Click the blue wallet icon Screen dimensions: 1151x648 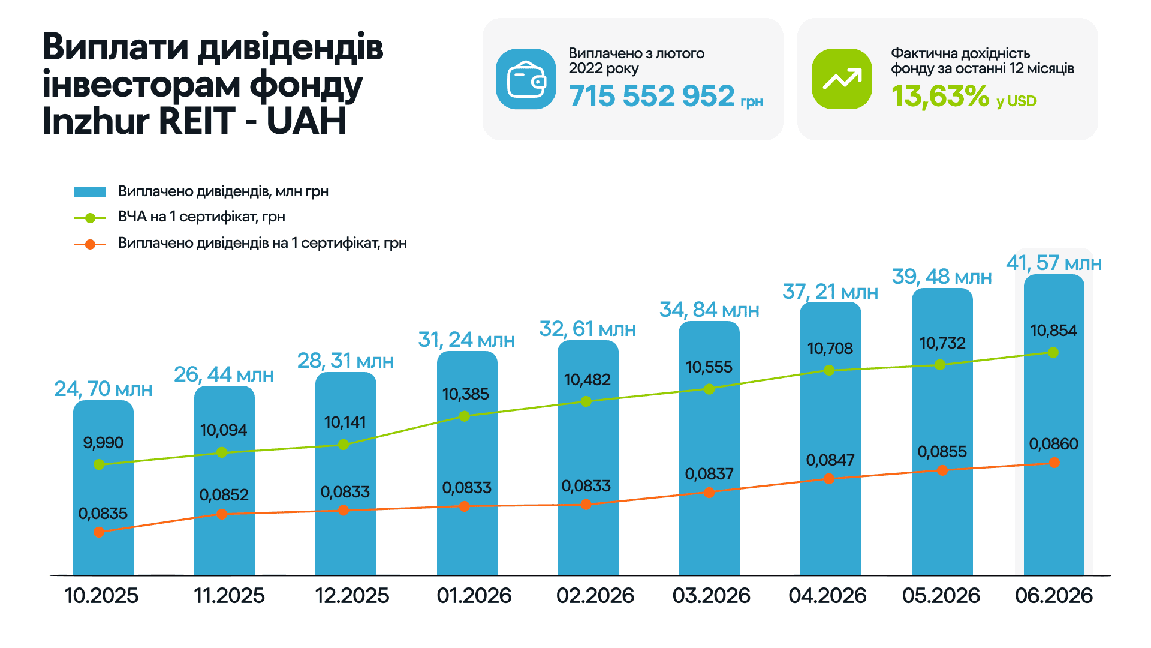click(x=526, y=79)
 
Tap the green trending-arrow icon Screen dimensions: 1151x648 click(x=842, y=79)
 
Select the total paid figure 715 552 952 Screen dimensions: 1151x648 click(x=652, y=96)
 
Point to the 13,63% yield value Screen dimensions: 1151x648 click(x=940, y=96)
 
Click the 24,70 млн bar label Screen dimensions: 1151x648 click(x=103, y=389)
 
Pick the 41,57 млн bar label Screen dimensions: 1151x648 click(x=1054, y=263)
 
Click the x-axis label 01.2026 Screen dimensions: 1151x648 click(x=474, y=596)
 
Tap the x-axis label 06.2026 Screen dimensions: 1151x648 click(x=1054, y=596)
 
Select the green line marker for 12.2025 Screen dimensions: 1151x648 click(x=344, y=445)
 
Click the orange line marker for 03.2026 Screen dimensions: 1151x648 click(x=709, y=493)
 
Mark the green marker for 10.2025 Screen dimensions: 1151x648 click(x=100, y=464)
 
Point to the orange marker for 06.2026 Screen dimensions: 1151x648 click(x=1054, y=463)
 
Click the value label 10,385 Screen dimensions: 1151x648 click(x=466, y=394)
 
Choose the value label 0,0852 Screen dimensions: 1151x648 click(x=224, y=495)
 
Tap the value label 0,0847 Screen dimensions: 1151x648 click(x=830, y=460)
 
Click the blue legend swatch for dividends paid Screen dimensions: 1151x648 click(x=90, y=191)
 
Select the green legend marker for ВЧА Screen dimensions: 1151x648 click(x=90, y=218)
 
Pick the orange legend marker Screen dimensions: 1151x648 click(x=90, y=244)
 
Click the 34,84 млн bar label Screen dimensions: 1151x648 click(x=709, y=310)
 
